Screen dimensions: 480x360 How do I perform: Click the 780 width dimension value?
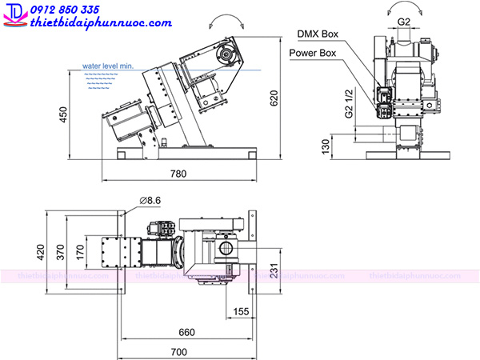[x=178, y=174]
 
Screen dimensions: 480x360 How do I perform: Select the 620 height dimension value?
[x=274, y=98]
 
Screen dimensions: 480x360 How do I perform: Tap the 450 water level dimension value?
[x=63, y=114]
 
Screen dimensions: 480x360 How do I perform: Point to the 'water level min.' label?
[x=108, y=66]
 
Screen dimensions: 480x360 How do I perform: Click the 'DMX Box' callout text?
[x=318, y=34]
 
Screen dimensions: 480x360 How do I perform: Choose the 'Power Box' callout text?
[x=313, y=53]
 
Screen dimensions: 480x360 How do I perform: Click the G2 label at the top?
[x=403, y=22]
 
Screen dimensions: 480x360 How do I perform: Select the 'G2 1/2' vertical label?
[x=349, y=103]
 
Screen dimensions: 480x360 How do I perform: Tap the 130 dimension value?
[x=326, y=146]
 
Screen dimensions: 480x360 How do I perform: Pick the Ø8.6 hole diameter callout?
[x=150, y=201]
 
